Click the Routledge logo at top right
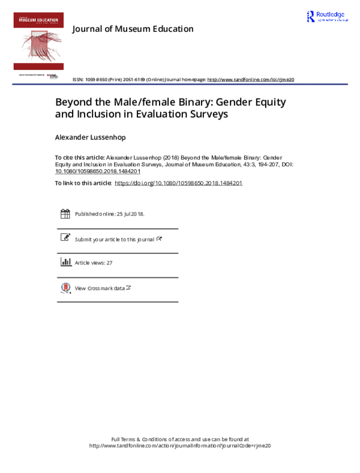[327, 17]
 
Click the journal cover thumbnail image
[38, 41]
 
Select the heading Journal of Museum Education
[133, 29]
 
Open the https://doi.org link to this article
[178, 183]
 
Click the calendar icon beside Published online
[65, 214]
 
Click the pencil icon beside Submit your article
[65, 238]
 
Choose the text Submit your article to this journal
[115, 240]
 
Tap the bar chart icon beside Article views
[65, 262]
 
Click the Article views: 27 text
[93, 263]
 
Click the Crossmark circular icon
[65, 288]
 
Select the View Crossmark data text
[100, 288]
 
